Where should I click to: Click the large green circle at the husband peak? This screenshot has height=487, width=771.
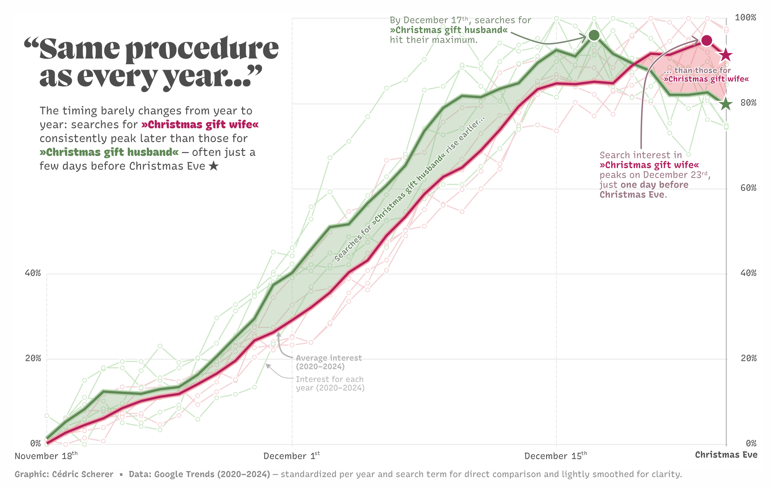point(594,35)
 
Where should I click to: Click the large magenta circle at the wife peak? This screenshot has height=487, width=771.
point(706,40)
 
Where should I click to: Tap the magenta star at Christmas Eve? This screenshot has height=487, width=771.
point(726,55)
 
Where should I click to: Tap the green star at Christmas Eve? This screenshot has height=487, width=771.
point(726,104)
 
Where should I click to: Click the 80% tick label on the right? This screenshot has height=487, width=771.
point(748,103)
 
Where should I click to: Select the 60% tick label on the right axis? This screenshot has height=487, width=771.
point(748,188)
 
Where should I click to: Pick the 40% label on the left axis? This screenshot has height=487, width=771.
point(33,273)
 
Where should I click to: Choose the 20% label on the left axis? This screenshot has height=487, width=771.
point(33,358)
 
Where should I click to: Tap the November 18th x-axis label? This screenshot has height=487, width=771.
point(46,456)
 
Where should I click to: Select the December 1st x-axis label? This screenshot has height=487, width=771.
point(292,456)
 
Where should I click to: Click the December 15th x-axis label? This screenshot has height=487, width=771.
point(556,456)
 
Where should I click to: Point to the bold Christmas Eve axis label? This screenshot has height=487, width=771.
point(726,455)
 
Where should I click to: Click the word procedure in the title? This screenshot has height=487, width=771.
point(202,49)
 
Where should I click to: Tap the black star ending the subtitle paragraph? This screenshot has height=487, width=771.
point(214,166)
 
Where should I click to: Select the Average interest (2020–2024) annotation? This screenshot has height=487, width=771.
point(328,362)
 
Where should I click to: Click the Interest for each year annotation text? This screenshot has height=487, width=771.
point(330,384)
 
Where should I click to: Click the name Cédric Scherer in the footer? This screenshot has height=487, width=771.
point(83,474)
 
